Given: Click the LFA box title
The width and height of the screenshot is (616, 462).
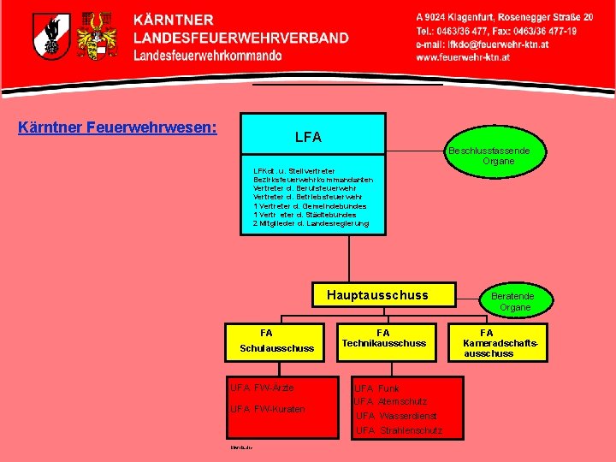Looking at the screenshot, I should point(308,137).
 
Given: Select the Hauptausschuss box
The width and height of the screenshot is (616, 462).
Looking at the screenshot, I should point(377,295).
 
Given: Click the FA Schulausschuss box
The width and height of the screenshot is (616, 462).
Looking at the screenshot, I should point(275,341).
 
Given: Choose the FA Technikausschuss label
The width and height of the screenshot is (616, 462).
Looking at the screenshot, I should point(383,338).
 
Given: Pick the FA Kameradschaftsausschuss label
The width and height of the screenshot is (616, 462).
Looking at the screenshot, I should point(488,343).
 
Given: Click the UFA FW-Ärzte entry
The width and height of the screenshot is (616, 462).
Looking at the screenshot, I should point(262,388).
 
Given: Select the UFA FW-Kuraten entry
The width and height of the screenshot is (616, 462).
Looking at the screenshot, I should point(267,409).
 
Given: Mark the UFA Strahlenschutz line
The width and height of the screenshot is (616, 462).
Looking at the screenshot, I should point(399,430).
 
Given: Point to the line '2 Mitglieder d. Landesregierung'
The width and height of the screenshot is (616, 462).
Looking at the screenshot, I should point(311,223).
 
